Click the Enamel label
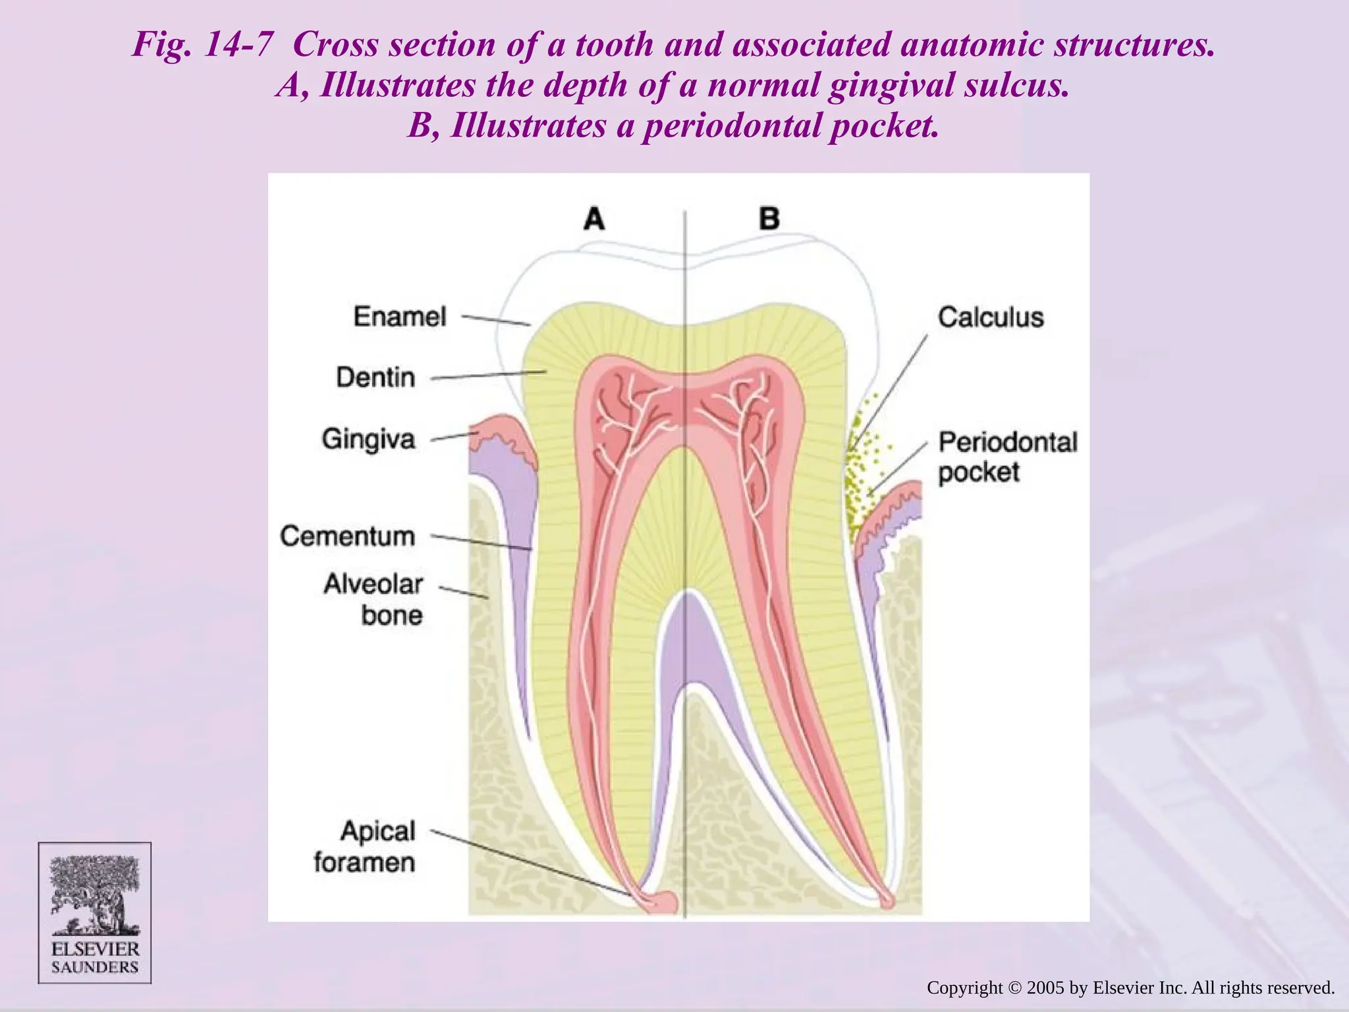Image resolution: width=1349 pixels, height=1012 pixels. [400, 317]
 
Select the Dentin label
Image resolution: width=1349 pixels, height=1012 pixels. [375, 378]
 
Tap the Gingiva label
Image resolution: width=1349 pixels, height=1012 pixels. [368, 439]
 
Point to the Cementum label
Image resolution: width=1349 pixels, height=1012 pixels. [348, 536]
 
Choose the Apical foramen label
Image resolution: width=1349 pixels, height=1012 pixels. [365, 847]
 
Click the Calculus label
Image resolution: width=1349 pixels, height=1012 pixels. [991, 318]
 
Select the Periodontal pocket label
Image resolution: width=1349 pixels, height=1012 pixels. [1007, 457]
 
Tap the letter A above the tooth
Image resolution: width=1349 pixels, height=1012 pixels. [594, 219]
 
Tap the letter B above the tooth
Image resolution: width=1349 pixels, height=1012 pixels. [769, 219]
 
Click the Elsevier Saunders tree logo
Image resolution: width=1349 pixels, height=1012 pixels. [95, 896]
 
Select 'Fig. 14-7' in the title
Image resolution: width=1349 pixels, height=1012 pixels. [202, 45]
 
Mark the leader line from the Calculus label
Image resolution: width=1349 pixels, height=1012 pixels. [889, 389]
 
